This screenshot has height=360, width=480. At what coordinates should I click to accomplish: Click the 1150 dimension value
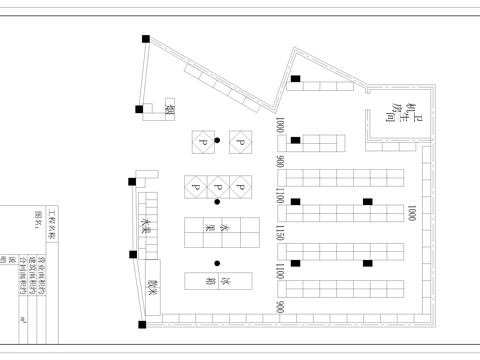(281, 233)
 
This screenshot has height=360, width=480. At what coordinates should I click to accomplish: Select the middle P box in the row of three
(217, 186)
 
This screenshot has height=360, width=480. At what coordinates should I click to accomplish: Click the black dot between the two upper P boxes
(217, 141)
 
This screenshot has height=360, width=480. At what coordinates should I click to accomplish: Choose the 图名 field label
(39, 219)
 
